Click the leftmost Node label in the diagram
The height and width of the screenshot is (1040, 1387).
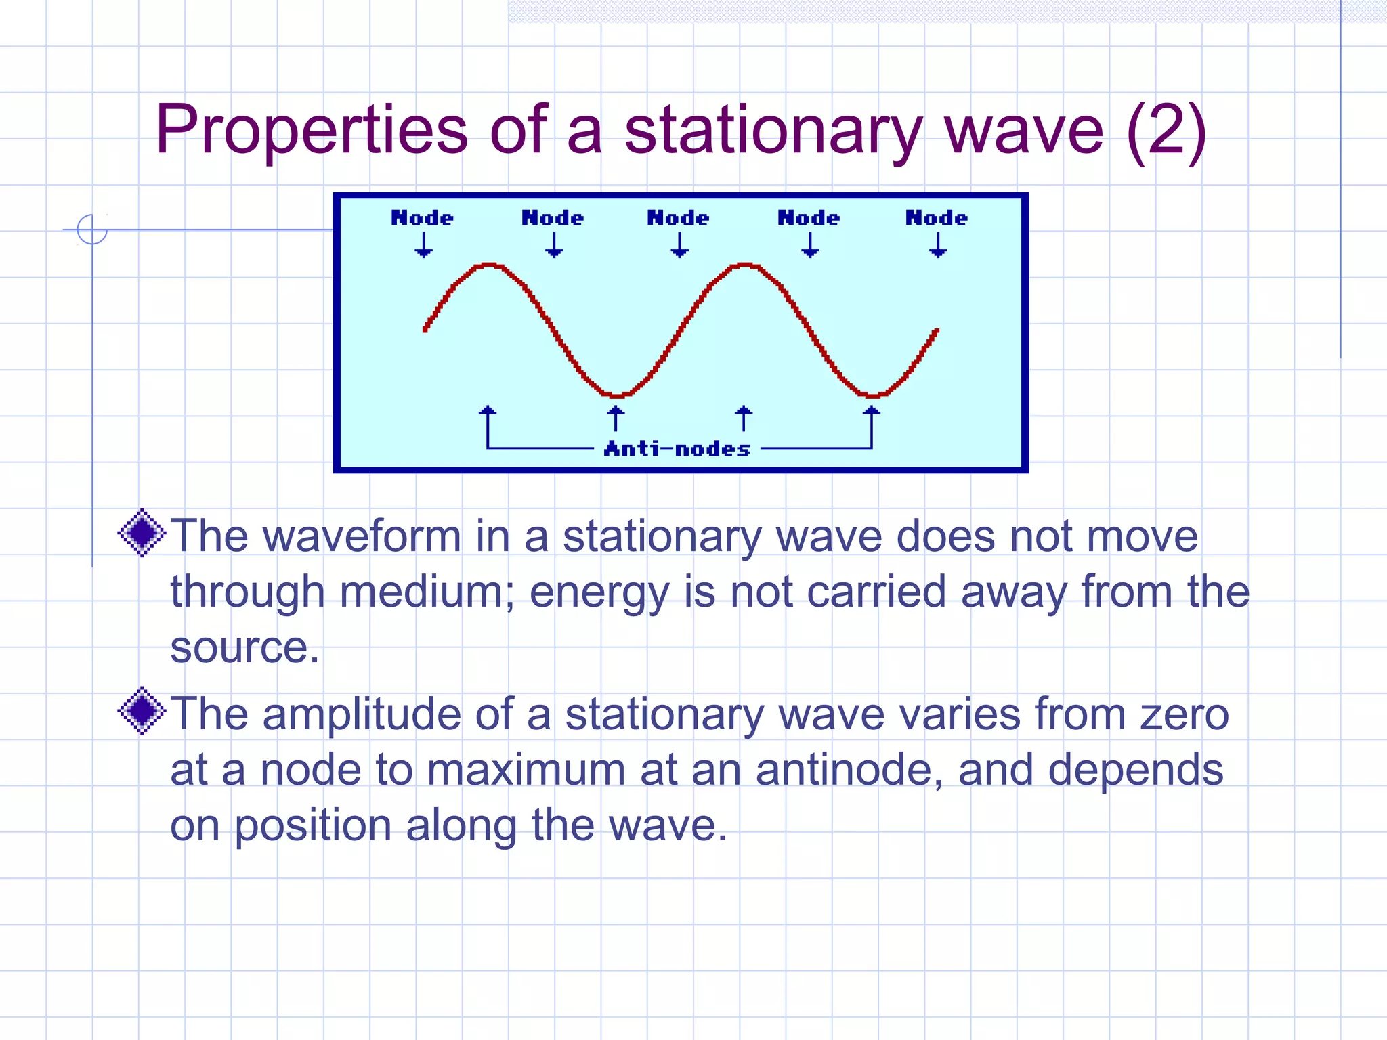click(422, 218)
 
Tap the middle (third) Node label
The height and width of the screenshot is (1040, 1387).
click(678, 218)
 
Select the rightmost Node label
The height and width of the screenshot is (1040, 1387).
click(937, 218)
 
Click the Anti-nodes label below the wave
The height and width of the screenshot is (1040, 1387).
click(677, 449)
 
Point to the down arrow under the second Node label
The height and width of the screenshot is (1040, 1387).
click(554, 245)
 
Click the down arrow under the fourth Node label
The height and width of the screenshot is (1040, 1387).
click(810, 245)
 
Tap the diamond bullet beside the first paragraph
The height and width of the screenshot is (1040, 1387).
click(142, 533)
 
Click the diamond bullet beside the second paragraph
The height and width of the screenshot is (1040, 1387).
click(142, 711)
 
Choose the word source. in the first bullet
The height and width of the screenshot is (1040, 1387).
click(244, 647)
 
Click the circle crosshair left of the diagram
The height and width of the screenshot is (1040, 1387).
click(92, 230)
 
